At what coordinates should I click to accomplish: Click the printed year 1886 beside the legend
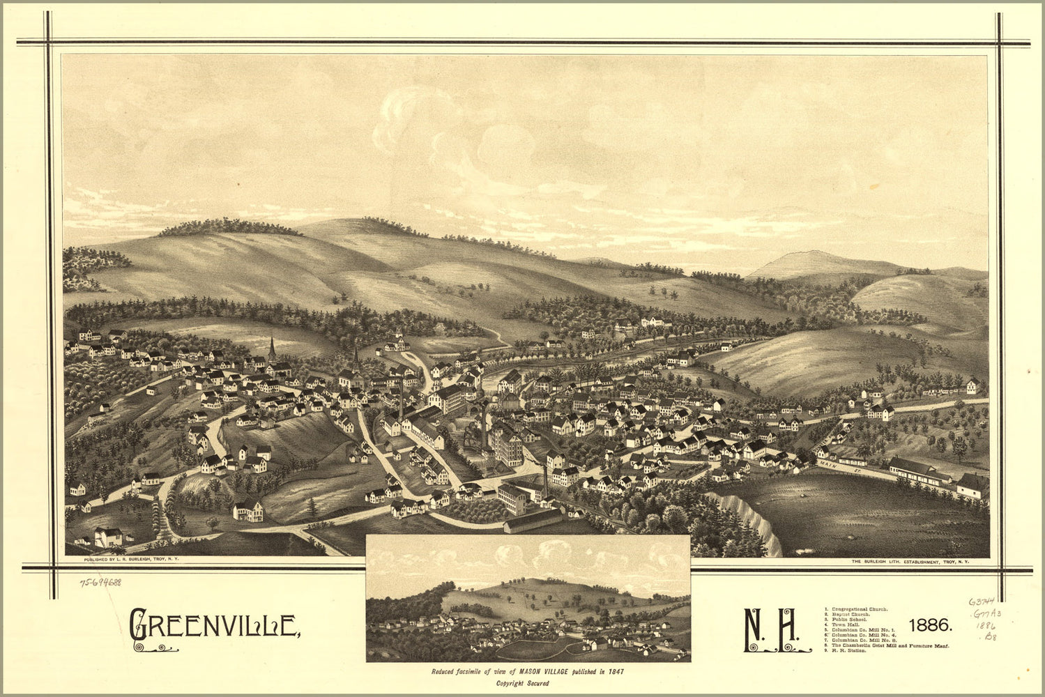click(x=931, y=624)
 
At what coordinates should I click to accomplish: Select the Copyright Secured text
click(x=523, y=684)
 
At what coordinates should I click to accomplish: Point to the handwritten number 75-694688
click(x=100, y=582)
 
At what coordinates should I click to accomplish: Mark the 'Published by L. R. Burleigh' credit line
click(x=130, y=560)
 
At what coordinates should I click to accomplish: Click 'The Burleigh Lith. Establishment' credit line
click(x=910, y=561)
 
